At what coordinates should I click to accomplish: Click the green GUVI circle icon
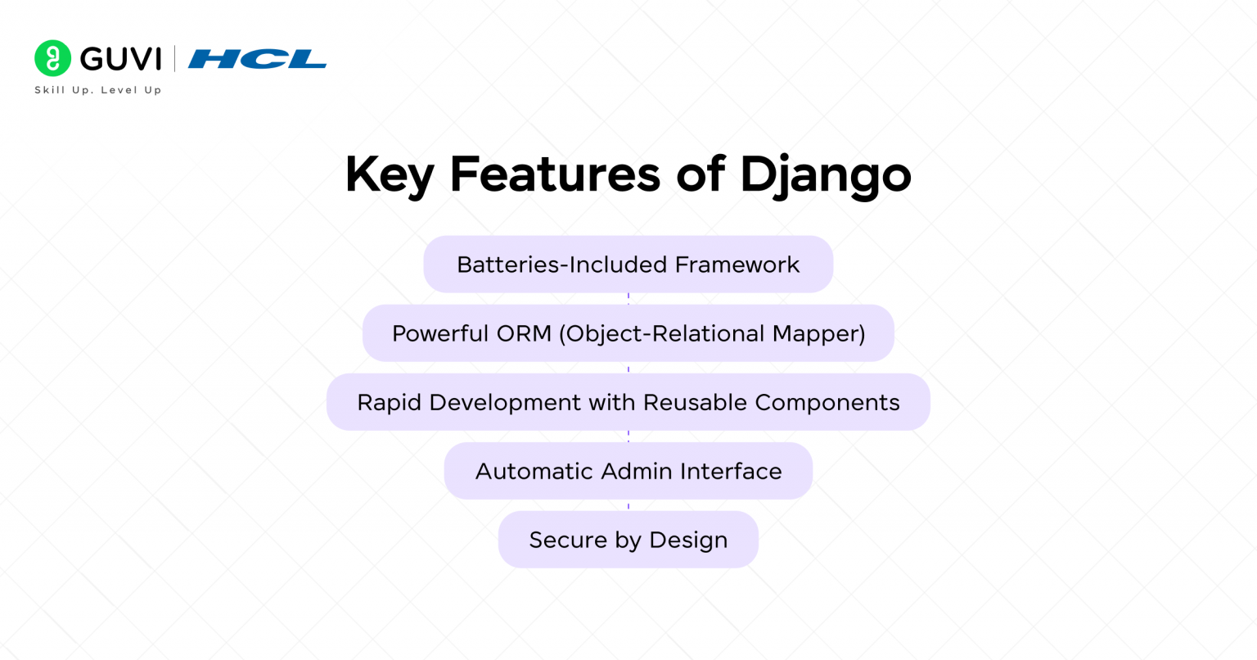click(x=52, y=58)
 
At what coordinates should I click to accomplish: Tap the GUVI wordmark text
click(x=120, y=59)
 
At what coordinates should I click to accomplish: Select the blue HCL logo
click(x=257, y=59)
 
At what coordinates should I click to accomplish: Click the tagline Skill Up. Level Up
click(x=97, y=90)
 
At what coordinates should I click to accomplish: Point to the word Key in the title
click(x=388, y=174)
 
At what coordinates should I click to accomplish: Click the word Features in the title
click(x=555, y=174)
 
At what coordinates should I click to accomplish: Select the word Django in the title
click(x=825, y=174)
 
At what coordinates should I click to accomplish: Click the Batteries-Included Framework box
click(x=628, y=264)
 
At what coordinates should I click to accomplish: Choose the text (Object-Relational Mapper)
click(x=712, y=333)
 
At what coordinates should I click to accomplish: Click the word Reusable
click(x=696, y=402)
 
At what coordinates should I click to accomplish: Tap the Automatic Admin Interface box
click(x=628, y=471)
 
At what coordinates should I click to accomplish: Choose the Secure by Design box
click(x=628, y=540)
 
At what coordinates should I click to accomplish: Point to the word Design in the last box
click(x=688, y=540)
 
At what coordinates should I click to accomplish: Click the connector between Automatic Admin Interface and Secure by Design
click(x=628, y=505)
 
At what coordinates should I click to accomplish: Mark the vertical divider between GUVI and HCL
click(x=174, y=59)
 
